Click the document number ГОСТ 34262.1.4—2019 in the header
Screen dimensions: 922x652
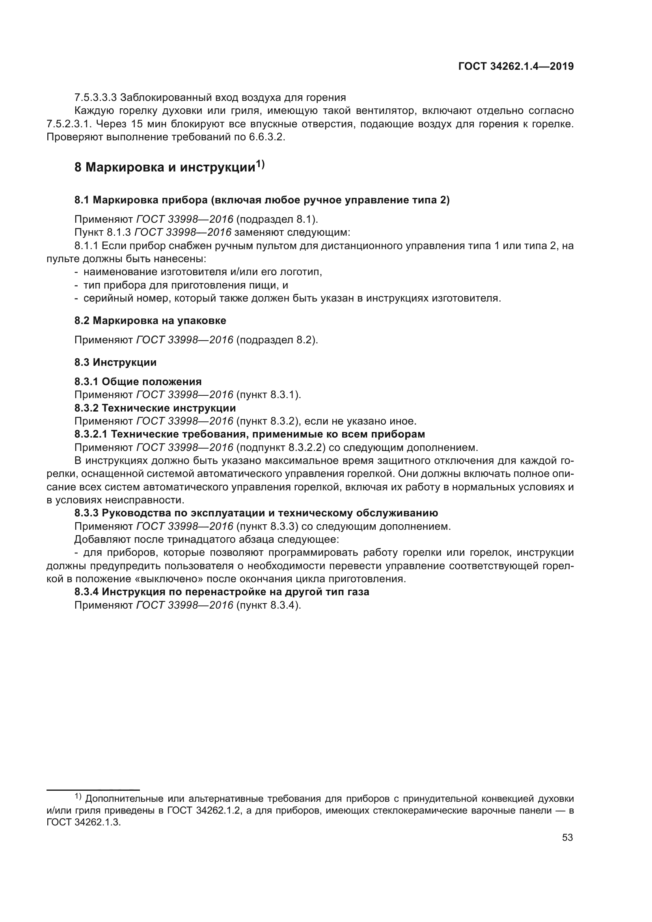(516, 66)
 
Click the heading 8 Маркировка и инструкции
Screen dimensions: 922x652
(165, 167)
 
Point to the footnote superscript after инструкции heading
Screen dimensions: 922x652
(261, 164)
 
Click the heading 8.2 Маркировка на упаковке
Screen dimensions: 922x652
(150, 320)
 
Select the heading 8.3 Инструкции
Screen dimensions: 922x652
(115, 362)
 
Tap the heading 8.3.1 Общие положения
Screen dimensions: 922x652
(138, 381)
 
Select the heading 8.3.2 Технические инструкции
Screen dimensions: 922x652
(155, 408)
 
